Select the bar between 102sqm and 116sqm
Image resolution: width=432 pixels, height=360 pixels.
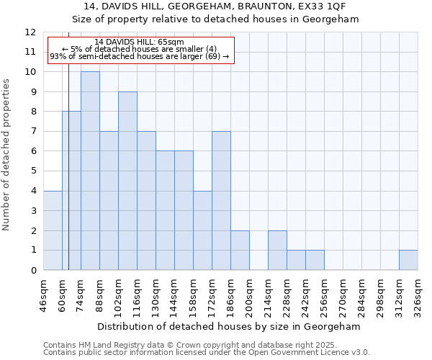[127, 181]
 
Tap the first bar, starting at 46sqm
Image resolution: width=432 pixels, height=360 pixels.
[53, 230]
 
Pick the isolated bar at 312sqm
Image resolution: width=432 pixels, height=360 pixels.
[408, 260]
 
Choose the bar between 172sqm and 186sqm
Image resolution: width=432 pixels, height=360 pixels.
[221, 201]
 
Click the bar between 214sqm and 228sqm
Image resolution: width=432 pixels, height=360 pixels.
[277, 251]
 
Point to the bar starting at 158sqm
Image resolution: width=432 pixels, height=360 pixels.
[202, 230]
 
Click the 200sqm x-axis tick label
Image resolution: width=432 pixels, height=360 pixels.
[250, 294]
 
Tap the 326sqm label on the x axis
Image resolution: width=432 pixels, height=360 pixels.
[418, 294]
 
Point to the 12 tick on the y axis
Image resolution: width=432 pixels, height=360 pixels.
[30, 32]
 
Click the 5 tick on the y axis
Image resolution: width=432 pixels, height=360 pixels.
[33, 171]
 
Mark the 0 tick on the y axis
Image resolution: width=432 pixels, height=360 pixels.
[33, 271]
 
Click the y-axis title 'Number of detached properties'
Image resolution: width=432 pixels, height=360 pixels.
[7, 155]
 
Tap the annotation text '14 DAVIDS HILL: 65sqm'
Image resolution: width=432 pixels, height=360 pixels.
[140, 42]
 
